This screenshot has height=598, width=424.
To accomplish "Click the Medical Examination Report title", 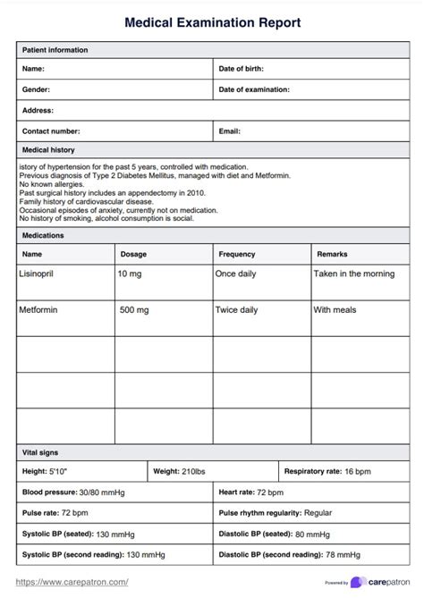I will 212,21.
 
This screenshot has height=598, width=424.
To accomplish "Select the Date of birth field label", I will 241,69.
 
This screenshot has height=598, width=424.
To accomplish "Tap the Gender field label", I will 36,89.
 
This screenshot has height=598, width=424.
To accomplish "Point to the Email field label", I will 230,131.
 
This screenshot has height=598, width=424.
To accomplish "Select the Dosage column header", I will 133,255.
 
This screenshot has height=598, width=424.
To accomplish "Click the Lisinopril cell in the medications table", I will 37,274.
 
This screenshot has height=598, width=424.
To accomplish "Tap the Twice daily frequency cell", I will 236,310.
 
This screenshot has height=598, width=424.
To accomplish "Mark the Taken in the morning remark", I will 353,274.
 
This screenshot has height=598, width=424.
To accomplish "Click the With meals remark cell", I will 335,310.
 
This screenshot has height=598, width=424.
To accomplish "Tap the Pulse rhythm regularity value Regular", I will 318,513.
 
